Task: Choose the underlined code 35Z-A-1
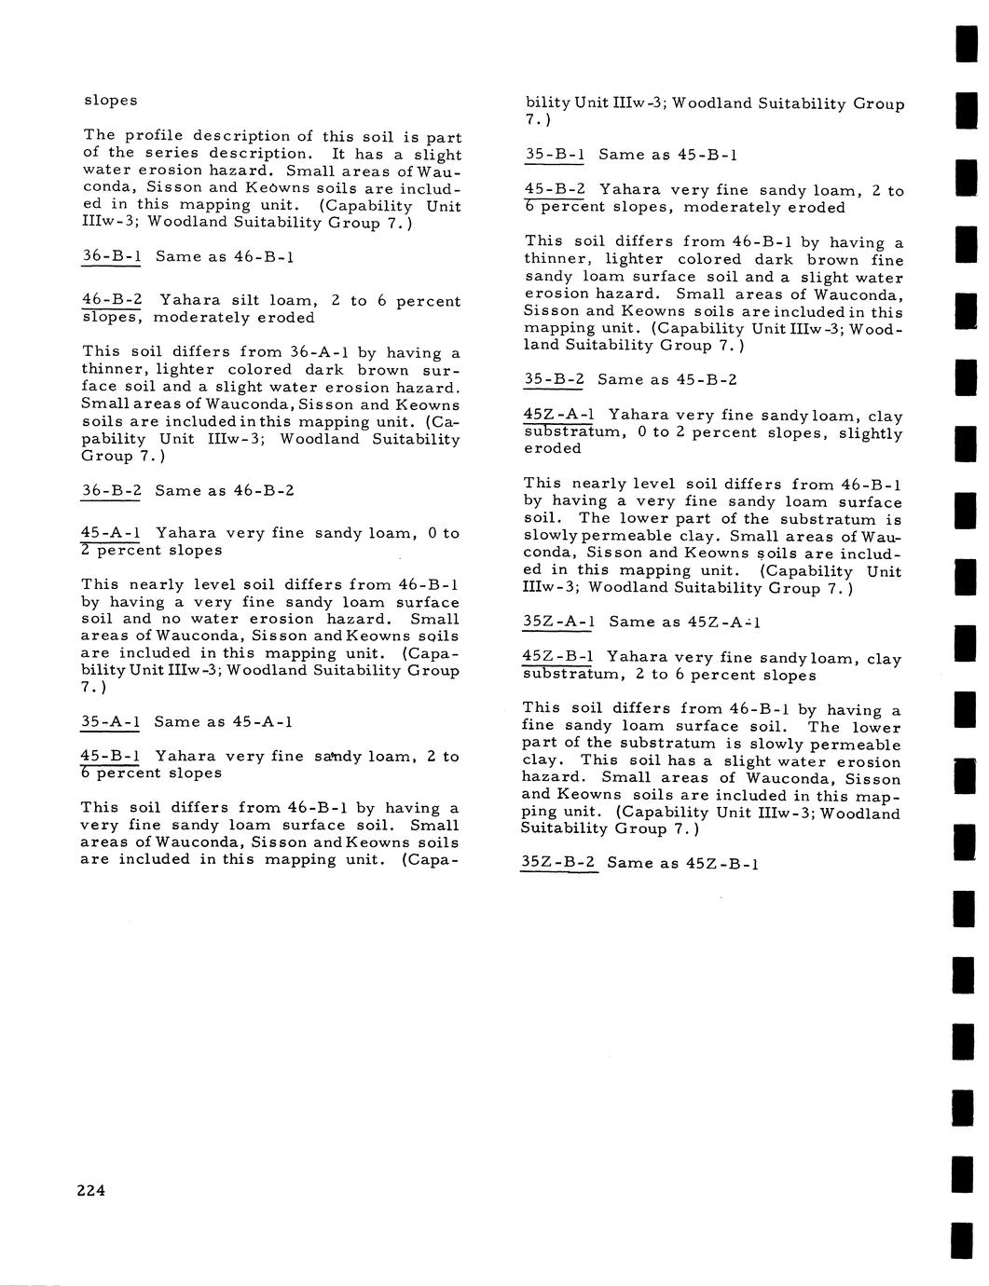click(558, 622)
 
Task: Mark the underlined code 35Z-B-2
click(557, 863)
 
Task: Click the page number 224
click(91, 1190)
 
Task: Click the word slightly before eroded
click(871, 433)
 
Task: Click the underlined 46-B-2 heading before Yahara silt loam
click(112, 300)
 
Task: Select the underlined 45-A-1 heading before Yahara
click(111, 533)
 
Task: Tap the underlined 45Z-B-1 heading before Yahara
click(557, 659)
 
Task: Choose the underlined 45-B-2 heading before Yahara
click(555, 190)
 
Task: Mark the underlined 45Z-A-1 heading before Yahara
click(558, 416)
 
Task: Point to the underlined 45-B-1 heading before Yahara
click(110, 756)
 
